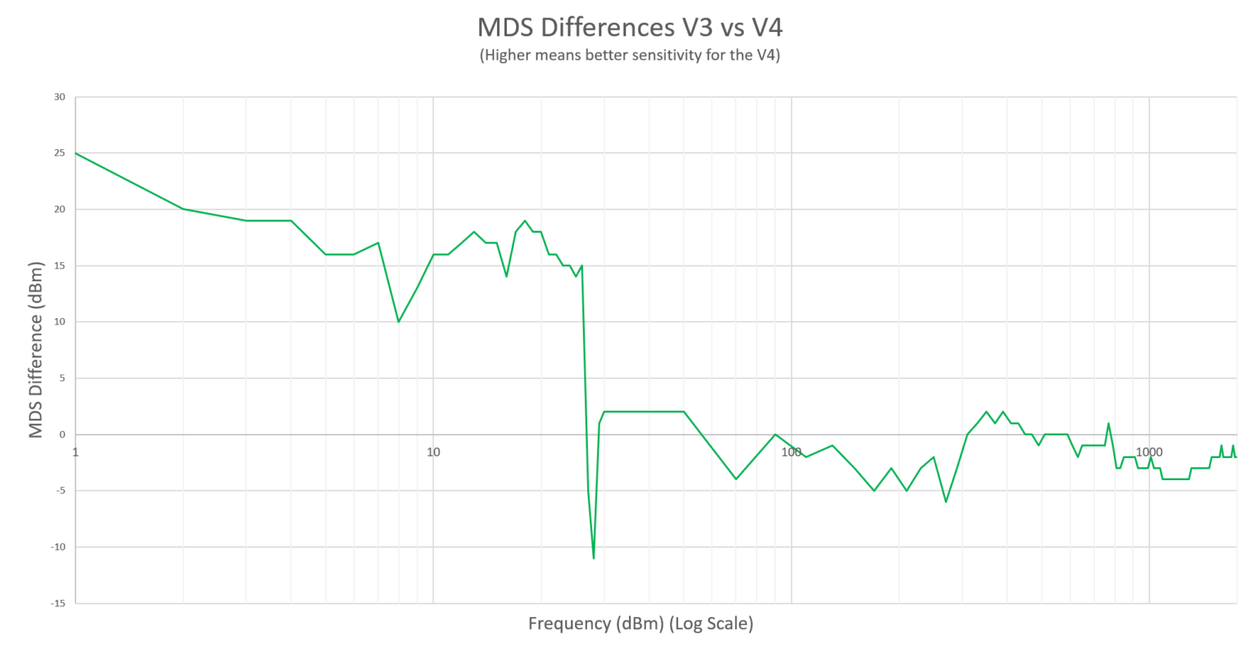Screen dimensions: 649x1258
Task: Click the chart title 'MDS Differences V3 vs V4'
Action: pos(629,27)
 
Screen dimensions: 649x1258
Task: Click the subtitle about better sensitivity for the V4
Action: pos(629,56)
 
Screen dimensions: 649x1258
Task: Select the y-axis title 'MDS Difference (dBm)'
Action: pos(35,350)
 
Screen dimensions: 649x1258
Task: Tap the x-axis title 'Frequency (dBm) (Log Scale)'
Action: pos(640,624)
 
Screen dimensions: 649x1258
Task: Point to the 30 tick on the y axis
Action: pos(59,97)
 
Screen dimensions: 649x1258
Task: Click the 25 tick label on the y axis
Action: pos(59,153)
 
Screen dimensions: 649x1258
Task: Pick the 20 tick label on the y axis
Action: pos(59,210)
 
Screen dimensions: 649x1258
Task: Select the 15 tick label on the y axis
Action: pos(59,265)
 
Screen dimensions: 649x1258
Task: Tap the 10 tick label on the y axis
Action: pos(59,322)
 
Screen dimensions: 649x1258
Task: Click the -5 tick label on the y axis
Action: pos(60,491)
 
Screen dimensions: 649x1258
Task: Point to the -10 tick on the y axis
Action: pos(57,547)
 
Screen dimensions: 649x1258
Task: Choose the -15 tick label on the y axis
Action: pos(57,603)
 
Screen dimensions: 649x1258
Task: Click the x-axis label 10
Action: pos(433,452)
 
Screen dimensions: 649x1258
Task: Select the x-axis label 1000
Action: pos(1149,452)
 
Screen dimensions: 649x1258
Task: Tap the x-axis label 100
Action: pos(791,452)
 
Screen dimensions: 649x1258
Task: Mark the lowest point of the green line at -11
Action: pos(594,558)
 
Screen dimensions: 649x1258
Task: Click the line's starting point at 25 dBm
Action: pos(76,153)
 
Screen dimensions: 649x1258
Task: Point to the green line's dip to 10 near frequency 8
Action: pos(399,321)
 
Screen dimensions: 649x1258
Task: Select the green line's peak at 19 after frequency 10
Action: pos(525,220)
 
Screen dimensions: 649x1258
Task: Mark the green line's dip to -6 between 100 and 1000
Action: pos(946,501)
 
